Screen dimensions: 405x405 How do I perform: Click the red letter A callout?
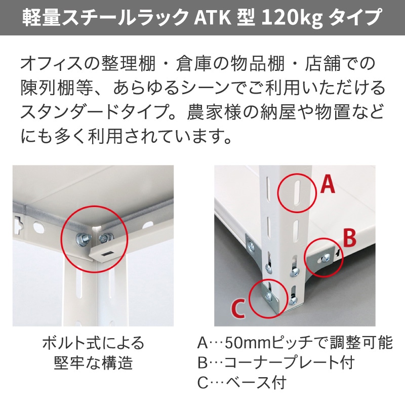click(328, 185)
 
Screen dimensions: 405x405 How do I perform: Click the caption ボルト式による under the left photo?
click(93, 343)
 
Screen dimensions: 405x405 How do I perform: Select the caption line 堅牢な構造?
click(93, 362)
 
